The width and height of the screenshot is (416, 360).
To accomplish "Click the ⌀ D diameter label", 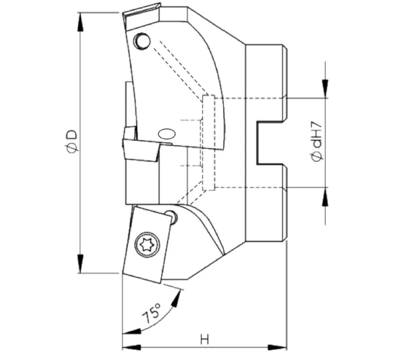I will pos(72,140).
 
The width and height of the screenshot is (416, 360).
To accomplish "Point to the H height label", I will pos(204,339).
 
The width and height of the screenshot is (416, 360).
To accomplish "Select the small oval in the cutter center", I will pos(166,133).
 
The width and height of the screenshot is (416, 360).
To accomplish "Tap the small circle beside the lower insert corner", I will pos(170,216).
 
